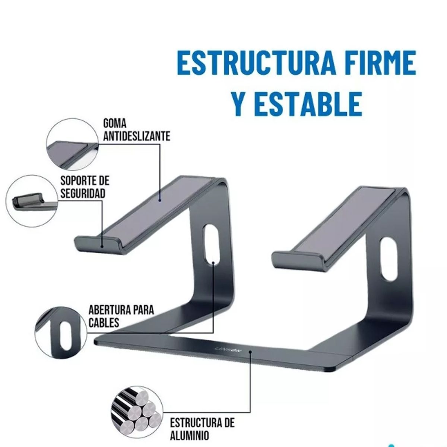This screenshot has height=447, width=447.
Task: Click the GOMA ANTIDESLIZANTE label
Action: (137, 130)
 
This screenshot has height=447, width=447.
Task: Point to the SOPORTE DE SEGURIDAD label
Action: (85, 187)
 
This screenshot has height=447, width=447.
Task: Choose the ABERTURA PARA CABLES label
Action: (121, 316)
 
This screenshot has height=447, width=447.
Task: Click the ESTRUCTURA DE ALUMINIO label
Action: (202, 428)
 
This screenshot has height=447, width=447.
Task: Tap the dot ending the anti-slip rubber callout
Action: (160, 200)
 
